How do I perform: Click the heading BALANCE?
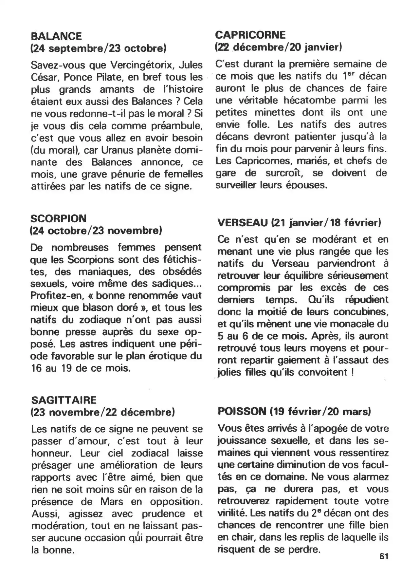point(56,36)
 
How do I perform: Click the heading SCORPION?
point(58,218)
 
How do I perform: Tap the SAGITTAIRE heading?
point(64,400)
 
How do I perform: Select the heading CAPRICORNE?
point(250,35)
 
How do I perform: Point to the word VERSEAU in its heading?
point(243,223)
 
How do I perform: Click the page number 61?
point(384,556)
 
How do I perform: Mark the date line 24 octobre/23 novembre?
point(96,231)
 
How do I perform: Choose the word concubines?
point(364,311)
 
